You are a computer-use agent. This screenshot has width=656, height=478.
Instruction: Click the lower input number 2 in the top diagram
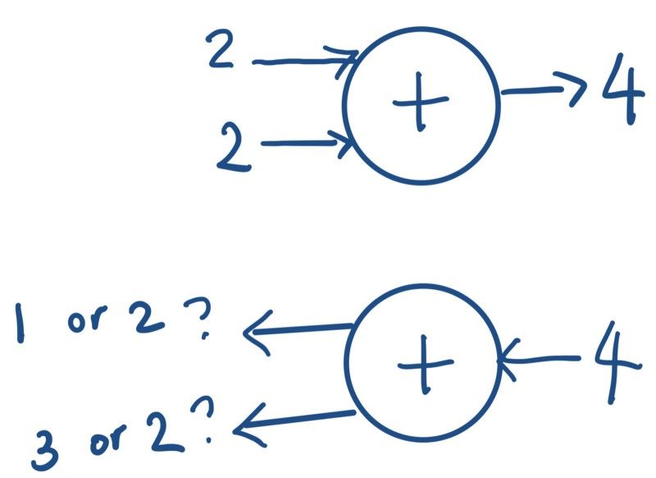(x=235, y=146)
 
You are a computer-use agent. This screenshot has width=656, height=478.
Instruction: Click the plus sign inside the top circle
(x=421, y=105)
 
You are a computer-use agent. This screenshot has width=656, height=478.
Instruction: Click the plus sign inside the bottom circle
(x=424, y=365)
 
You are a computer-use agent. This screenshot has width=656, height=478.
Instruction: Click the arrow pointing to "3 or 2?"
(x=291, y=419)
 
